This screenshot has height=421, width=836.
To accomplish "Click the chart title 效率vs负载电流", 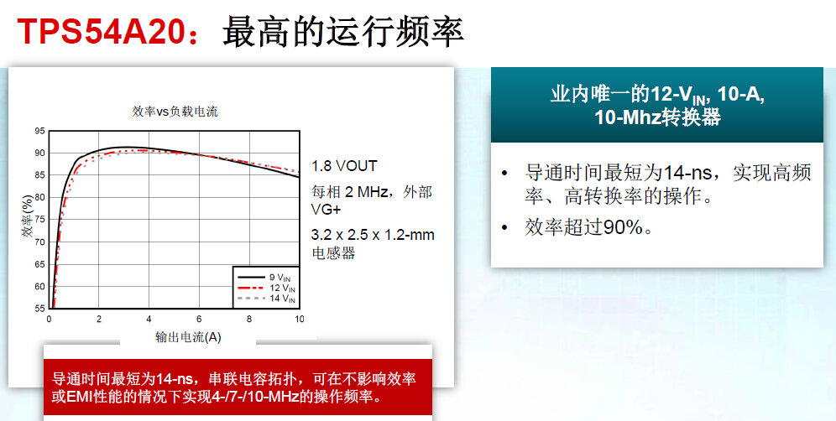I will pos(175,112).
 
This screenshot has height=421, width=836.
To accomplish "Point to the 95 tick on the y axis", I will pos(40,132).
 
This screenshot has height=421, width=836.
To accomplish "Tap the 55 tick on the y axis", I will pos(40,309).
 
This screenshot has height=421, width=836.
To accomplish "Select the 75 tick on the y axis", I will pos(40,220).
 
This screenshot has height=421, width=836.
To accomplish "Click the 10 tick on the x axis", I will pos(298,320).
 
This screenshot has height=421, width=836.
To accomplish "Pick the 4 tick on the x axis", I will pos(149,320).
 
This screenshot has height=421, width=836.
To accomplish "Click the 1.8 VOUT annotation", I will pos(344,165).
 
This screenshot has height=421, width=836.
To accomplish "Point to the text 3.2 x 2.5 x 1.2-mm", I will pos(373,235).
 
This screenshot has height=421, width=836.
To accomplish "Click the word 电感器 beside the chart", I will pos(333,252).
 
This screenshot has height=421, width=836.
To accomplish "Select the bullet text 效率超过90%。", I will pos(588,227).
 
